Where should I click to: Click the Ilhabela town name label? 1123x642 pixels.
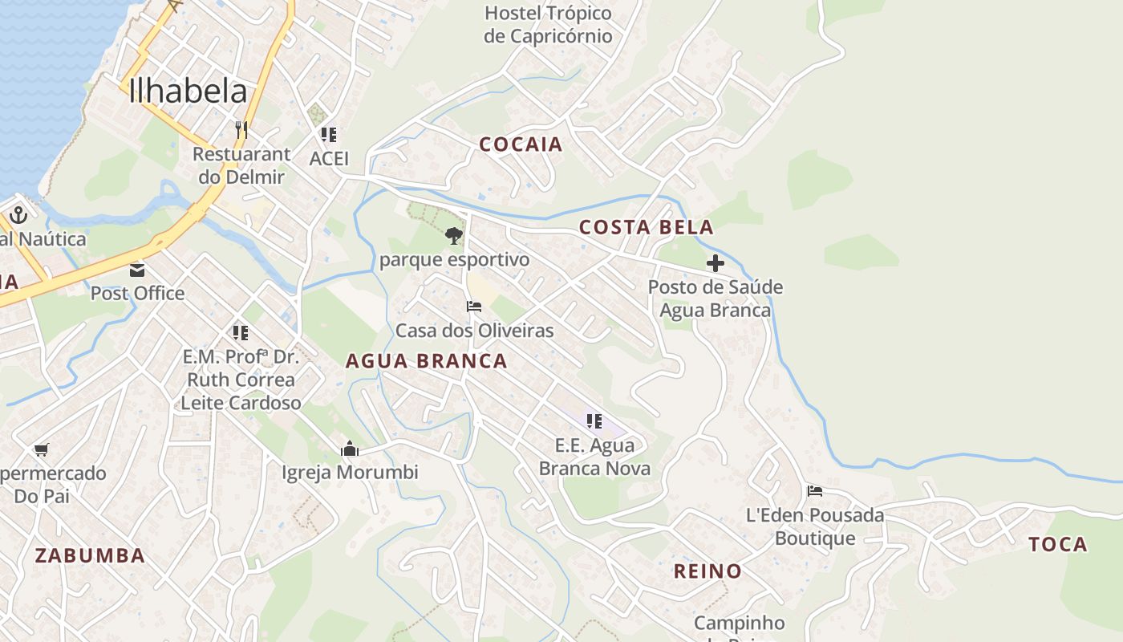tap(188, 91)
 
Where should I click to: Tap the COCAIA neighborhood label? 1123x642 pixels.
tap(521, 144)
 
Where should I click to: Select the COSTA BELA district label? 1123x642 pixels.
tap(646, 227)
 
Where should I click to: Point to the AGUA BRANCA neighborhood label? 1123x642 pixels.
tap(426, 361)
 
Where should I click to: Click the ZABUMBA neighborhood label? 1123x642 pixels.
tap(90, 555)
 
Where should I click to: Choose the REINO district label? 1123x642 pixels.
tap(707, 571)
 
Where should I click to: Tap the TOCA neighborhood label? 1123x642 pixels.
tap(1058, 544)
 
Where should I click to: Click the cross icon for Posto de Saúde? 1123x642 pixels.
tap(715, 263)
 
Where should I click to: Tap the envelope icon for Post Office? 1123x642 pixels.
tap(137, 270)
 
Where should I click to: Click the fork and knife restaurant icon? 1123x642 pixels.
tap(241, 128)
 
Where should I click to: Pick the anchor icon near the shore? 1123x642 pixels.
tap(18, 214)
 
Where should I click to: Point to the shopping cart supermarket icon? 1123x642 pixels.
tap(42, 449)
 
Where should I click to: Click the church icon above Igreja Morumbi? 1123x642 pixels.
tap(350, 449)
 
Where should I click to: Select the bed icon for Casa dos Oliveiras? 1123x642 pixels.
tap(474, 307)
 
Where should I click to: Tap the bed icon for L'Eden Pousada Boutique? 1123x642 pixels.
tap(815, 490)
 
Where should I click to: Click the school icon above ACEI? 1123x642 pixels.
tap(328, 134)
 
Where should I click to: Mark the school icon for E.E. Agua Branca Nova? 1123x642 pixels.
tap(594, 421)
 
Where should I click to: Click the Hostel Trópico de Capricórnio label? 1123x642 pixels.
tap(548, 25)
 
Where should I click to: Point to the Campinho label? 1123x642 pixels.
tap(739, 623)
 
